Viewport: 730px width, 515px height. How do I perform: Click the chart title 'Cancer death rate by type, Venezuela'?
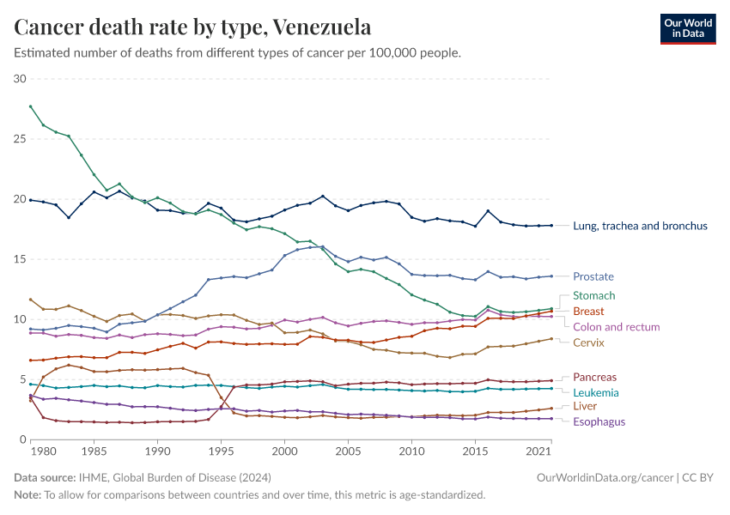click(x=193, y=27)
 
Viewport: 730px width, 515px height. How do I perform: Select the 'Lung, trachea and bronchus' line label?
click(x=641, y=226)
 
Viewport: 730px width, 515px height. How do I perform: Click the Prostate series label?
click(x=593, y=276)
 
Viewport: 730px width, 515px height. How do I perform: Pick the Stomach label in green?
click(x=594, y=295)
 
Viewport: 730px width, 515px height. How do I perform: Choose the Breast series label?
click(x=588, y=311)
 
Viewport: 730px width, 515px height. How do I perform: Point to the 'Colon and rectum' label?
click(x=616, y=327)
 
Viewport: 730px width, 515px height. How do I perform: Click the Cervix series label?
click(x=589, y=342)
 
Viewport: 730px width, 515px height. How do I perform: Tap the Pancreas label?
click(x=594, y=377)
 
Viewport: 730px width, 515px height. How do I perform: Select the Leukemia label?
click(x=595, y=392)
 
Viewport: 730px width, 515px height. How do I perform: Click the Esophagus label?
click(x=599, y=421)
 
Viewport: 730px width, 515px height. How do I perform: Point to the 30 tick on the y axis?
click(x=21, y=79)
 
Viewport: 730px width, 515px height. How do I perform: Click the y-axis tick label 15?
click(x=21, y=259)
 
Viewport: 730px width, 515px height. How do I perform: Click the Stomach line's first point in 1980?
click(x=31, y=106)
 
